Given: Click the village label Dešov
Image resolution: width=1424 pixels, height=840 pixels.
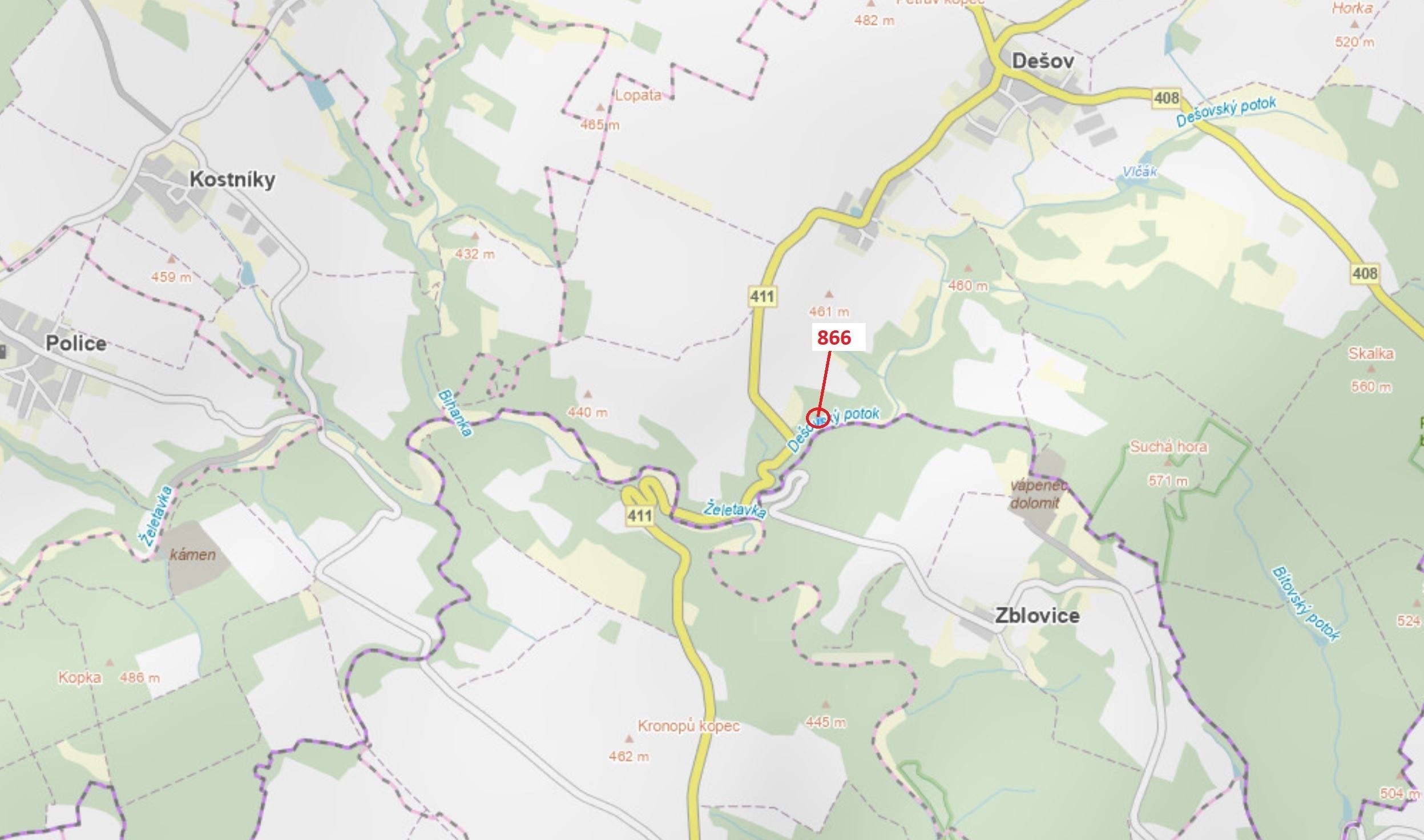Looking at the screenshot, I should coord(1042,60).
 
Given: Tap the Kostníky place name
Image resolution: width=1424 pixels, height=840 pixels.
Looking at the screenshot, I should coord(232,179).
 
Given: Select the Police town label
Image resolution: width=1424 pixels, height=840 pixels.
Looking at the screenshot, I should coord(75,343).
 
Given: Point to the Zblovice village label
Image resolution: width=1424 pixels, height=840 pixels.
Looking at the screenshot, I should coord(1037,615).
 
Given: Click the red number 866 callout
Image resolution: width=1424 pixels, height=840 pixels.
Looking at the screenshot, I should coord(834,338).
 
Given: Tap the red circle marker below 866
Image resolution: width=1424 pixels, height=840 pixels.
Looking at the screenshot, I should coord(818,418).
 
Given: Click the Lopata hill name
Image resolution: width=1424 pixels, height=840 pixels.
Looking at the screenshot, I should coord(638,95).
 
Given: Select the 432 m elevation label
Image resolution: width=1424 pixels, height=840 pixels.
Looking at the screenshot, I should coord(475,254).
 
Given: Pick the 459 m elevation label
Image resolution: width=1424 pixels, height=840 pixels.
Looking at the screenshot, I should coord(171,277).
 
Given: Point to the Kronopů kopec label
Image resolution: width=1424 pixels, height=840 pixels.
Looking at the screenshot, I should coord(688,726).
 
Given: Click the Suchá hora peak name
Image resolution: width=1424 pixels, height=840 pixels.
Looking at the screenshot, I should coord(1168,446).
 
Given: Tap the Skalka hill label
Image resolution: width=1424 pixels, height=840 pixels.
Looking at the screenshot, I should coord(1371,354).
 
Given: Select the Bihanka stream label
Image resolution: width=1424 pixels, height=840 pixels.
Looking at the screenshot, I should coord(455,413).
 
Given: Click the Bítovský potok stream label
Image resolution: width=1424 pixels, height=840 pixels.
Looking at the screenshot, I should coord(1305,604).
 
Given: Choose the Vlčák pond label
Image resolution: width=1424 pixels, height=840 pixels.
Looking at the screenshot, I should coord(1139,171).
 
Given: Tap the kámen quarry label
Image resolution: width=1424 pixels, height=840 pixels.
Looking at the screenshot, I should coord(193,554).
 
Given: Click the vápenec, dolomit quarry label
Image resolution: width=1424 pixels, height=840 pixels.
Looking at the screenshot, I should coord(1037,494).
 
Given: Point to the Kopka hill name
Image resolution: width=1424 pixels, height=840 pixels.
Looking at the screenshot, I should coord(80,677).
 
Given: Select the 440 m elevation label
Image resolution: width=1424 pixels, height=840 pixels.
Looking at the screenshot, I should coord(587,412).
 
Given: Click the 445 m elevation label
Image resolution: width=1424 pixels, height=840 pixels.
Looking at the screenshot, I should coord(825,722).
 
